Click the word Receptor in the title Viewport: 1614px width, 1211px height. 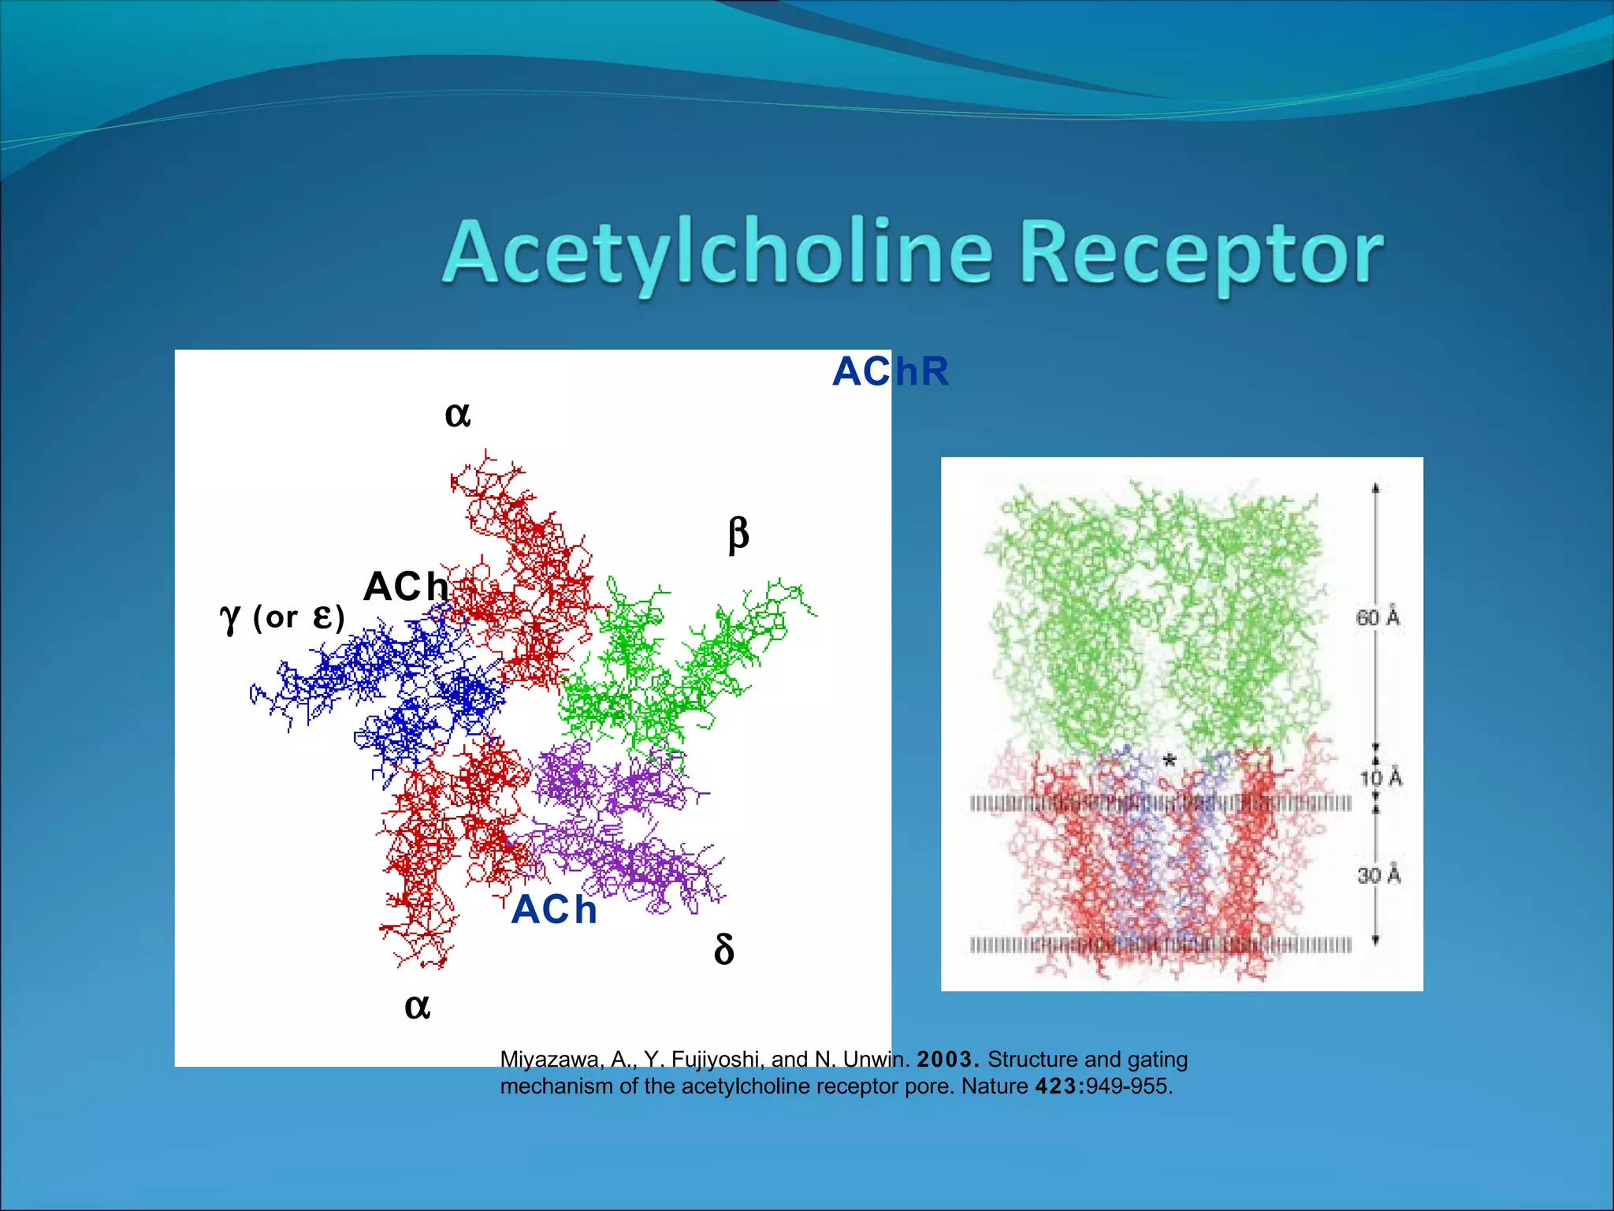1201,254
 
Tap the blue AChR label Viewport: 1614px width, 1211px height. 891,371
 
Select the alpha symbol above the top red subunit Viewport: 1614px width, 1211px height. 458,414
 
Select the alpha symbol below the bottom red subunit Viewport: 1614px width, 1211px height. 417,1007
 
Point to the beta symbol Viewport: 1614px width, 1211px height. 738,535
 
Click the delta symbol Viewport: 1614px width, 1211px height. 723,949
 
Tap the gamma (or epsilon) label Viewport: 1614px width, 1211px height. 282,617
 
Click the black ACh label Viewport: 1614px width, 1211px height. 406,587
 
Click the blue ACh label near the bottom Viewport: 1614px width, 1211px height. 554,910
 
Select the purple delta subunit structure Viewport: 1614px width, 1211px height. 623,828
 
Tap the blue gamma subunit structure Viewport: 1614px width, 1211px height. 394,686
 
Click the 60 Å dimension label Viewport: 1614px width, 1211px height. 1378,617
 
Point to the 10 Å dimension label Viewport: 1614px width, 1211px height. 1382,778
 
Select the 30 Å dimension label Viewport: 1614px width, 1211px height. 1379,875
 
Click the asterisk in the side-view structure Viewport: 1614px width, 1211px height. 1170,760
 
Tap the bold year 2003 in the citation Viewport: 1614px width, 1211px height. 947,1059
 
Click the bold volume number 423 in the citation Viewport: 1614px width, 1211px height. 1058,1086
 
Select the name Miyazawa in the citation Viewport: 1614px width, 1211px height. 549,1060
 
